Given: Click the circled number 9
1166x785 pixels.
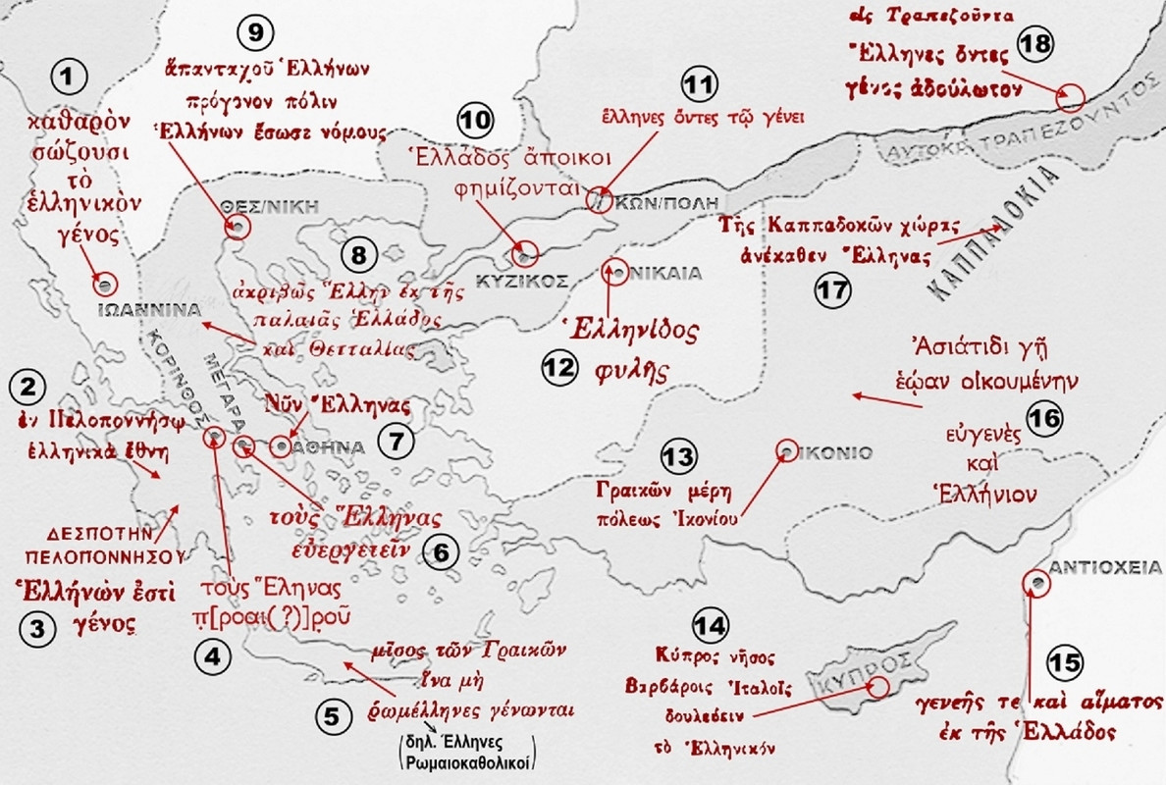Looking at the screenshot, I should [254, 32].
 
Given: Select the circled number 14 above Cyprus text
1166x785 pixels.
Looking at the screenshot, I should [711, 625].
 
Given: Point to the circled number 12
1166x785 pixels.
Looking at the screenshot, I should [557, 369].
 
